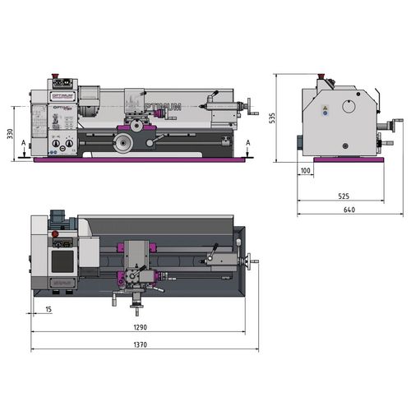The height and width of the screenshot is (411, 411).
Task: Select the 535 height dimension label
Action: click(x=270, y=118)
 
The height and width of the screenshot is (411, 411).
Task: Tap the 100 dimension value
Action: click(x=306, y=171)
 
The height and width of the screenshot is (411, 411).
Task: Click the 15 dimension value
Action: click(x=48, y=309)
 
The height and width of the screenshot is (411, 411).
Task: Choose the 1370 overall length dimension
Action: click(x=141, y=345)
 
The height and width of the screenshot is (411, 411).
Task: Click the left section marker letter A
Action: click(x=24, y=142)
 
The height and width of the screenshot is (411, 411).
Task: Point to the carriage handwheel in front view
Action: click(x=124, y=144)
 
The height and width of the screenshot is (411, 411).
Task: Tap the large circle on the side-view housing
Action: click(x=349, y=108)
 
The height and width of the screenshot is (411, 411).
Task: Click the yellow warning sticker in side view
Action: click(x=325, y=108)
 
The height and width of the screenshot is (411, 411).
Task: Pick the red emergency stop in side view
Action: click(x=324, y=80)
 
